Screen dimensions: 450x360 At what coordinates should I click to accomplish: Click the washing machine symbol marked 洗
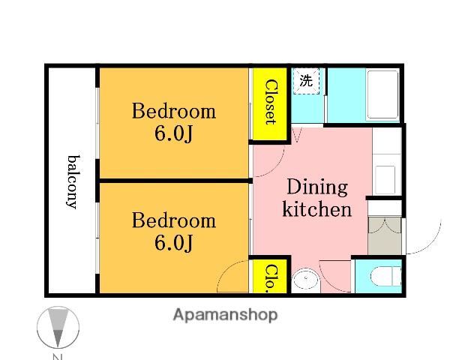tap(306, 81)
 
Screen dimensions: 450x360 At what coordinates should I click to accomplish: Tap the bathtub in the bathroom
tap(382, 94)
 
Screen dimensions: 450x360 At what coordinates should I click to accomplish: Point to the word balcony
tap(73, 182)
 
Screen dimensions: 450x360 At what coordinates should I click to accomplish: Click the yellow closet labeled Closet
tap(270, 104)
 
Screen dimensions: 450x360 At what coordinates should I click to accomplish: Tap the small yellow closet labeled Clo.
tap(270, 276)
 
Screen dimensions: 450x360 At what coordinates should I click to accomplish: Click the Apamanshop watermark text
tap(225, 315)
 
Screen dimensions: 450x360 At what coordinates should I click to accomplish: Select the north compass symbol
tap(58, 327)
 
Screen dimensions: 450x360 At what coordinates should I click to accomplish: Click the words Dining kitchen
tap(317, 198)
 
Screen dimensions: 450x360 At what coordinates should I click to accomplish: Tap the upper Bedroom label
tap(174, 111)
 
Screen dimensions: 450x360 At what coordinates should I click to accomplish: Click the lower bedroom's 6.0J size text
tap(173, 243)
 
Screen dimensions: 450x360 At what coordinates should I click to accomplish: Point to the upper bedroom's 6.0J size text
tap(173, 133)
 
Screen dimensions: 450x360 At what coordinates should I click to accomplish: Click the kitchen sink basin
tap(385, 180)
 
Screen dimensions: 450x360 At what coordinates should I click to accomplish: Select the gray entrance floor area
tap(385, 235)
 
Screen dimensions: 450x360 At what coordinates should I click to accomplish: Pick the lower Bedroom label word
tap(174, 220)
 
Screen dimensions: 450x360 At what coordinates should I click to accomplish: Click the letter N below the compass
tap(58, 357)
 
